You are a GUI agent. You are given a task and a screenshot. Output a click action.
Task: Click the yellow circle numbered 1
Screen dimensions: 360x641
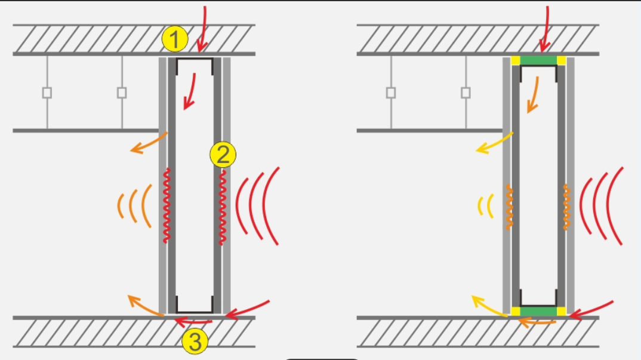174,39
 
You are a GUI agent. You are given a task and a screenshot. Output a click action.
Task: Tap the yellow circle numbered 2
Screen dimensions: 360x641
223,155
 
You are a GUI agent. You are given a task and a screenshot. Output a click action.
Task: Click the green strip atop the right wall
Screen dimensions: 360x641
539,60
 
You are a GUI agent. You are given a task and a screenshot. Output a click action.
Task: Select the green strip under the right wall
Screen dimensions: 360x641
539,311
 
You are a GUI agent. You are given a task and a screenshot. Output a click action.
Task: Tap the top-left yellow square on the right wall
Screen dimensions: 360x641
515,60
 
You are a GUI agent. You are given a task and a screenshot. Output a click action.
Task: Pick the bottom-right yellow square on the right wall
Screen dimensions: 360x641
562,311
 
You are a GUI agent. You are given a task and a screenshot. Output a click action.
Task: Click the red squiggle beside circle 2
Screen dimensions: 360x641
223,207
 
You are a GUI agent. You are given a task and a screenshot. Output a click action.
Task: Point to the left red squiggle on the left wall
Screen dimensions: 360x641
167,205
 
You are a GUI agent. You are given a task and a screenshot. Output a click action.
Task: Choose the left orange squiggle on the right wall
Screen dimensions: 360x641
509,207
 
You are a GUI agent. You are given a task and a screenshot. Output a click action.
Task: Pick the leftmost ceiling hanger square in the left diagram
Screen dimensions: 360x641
47,93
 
